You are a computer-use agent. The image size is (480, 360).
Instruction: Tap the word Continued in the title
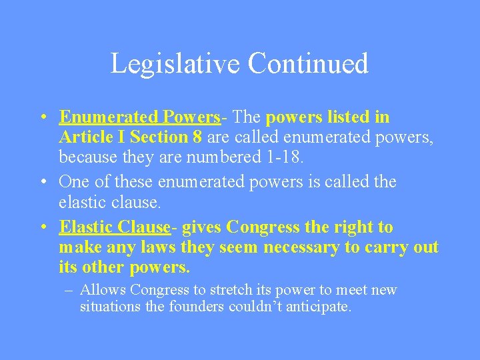tap(307, 63)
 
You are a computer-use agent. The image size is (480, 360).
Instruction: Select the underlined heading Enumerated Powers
tap(139, 117)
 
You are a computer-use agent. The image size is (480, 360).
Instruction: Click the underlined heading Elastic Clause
tap(115, 227)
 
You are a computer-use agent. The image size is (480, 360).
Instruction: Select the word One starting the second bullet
tap(73, 181)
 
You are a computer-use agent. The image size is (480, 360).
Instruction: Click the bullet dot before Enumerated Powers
tap(42, 118)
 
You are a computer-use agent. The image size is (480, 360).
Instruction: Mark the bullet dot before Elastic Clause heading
tap(42, 228)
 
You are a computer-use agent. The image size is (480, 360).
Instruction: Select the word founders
tap(198, 307)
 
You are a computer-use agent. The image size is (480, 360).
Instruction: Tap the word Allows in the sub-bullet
tap(103, 290)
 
